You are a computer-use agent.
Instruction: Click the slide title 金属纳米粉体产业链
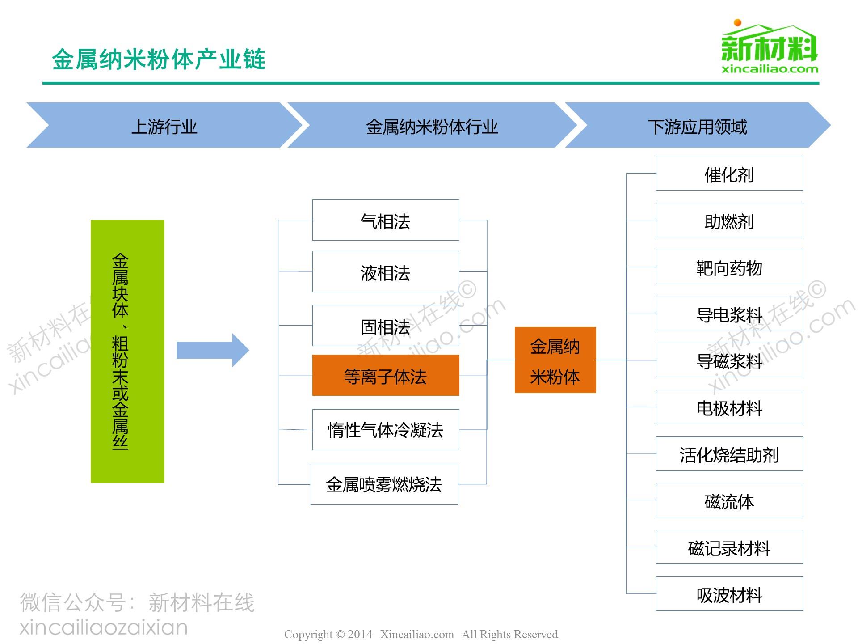(159, 59)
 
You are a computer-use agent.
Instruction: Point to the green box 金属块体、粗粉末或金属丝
(127, 351)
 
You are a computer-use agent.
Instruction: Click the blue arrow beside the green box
(212, 350)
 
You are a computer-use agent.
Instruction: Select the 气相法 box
(385, 220)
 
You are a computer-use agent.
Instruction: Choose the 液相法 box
(385, 271)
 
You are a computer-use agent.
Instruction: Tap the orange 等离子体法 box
(385, 375)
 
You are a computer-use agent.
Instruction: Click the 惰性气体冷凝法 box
(385, 429)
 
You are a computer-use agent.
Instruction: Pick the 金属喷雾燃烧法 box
(384, 484)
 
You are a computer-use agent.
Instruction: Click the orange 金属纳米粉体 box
(555, 360)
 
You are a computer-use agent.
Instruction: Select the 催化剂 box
(729, 174)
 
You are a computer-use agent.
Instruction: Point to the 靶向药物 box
(729, 267)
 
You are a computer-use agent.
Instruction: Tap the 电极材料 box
(729, 407)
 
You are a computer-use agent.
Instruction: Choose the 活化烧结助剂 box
(729, 454)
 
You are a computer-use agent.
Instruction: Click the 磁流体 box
(729, 500)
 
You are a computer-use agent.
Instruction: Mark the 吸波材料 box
(729, 594)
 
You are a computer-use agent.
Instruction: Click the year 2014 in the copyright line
(360, 634)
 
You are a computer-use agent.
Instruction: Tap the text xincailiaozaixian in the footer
(104, 627)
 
